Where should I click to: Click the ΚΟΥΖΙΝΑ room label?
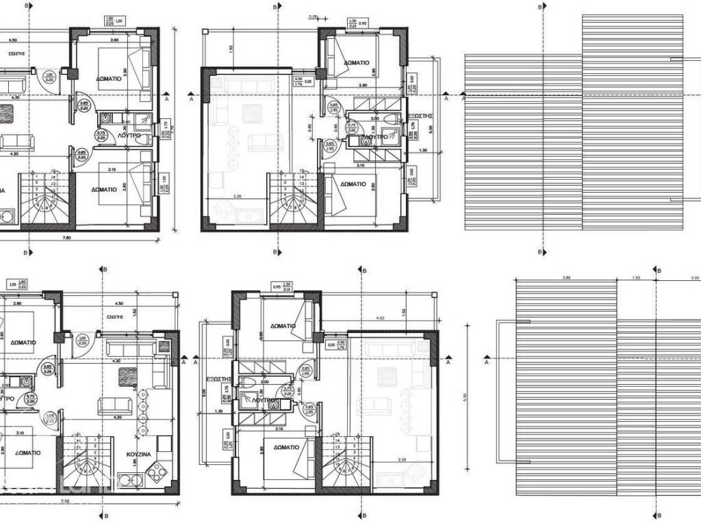[139, 454]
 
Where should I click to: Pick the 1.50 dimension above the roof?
[636, 278]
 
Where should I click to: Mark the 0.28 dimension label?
[314, 16]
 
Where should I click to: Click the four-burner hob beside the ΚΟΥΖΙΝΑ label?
[156, 470]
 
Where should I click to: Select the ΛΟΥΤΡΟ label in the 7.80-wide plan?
[129, 136]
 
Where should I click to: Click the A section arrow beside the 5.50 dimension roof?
[487, 358]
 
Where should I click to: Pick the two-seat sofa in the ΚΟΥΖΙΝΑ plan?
[114, 406]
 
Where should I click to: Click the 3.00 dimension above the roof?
[694, 278]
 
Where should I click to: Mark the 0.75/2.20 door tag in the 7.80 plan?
[101, 135]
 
